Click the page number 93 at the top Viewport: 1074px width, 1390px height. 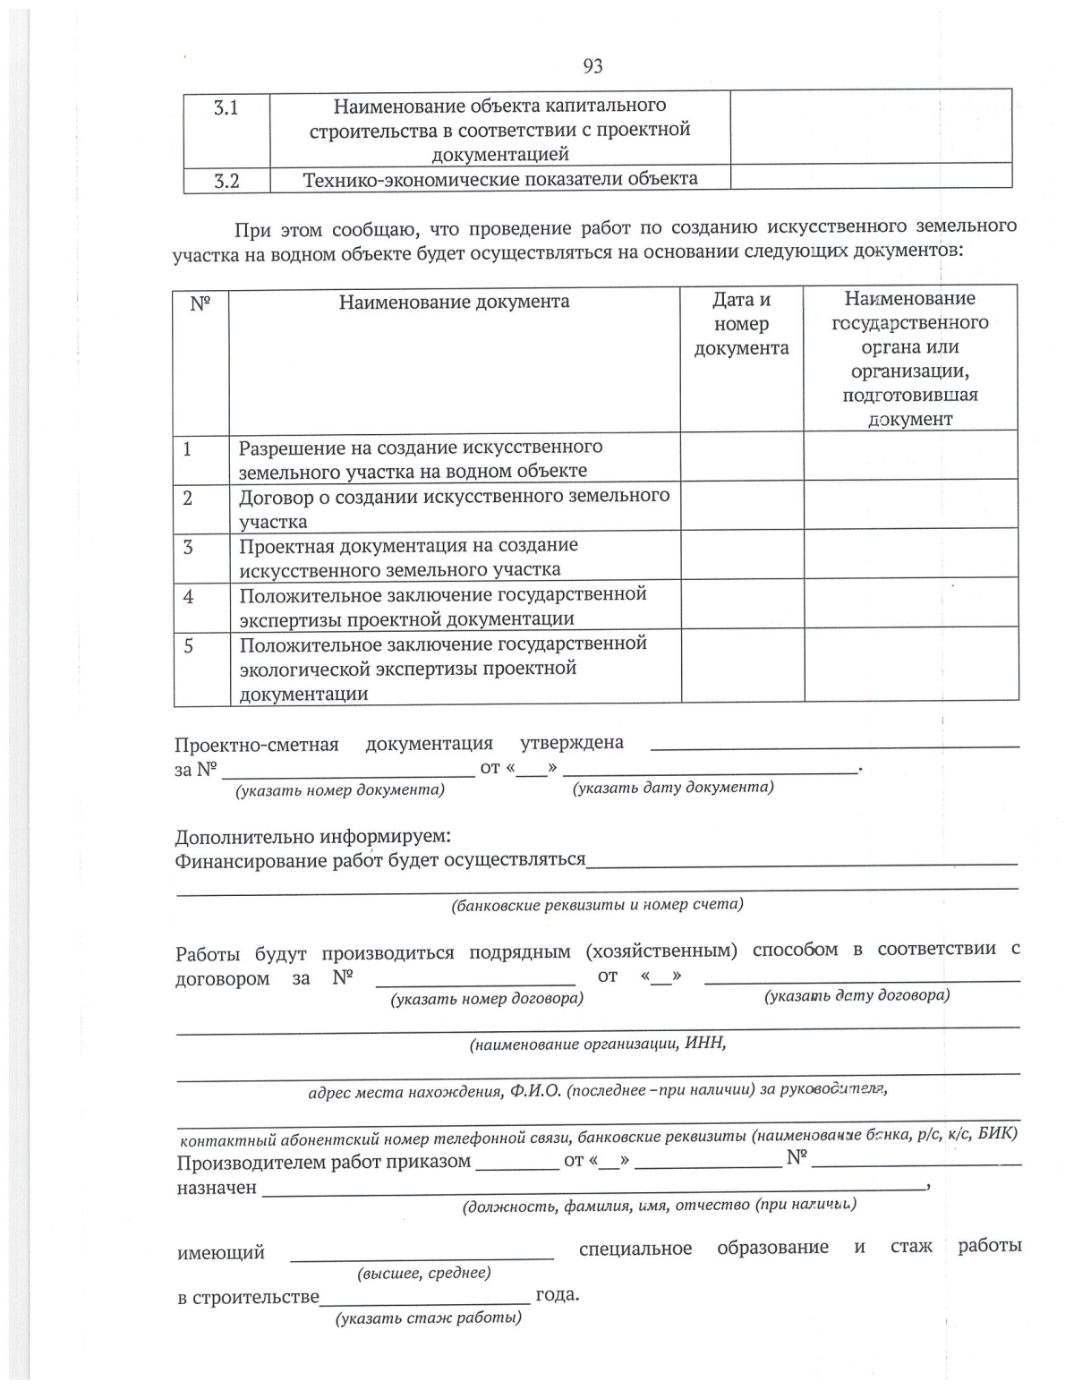click(592, 66)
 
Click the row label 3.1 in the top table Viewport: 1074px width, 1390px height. click(226, 108)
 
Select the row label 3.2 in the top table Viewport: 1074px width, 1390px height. click(226, 181)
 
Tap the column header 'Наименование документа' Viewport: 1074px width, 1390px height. click(454, 302)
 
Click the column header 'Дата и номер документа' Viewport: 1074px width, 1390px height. click(741, 324)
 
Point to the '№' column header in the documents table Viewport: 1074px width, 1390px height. click(200, 303)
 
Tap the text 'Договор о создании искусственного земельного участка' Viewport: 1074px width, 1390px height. click(453, 508)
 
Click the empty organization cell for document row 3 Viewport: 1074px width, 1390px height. click(910, 555)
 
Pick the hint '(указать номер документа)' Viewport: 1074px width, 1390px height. click(339, 790)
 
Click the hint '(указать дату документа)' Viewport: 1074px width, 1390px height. click(673, 788)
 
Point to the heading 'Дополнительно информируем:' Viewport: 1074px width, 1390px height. click(312, 837)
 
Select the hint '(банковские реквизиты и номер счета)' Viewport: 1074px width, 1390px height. click(597, 905)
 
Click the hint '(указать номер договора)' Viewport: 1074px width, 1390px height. click(487, 999)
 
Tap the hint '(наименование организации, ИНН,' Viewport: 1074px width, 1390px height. click(597, 1044)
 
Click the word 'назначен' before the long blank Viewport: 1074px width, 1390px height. click(217, 1188)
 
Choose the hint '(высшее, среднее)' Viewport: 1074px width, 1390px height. click(423, 1273)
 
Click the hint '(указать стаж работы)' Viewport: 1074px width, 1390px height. click(428, 1318)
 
